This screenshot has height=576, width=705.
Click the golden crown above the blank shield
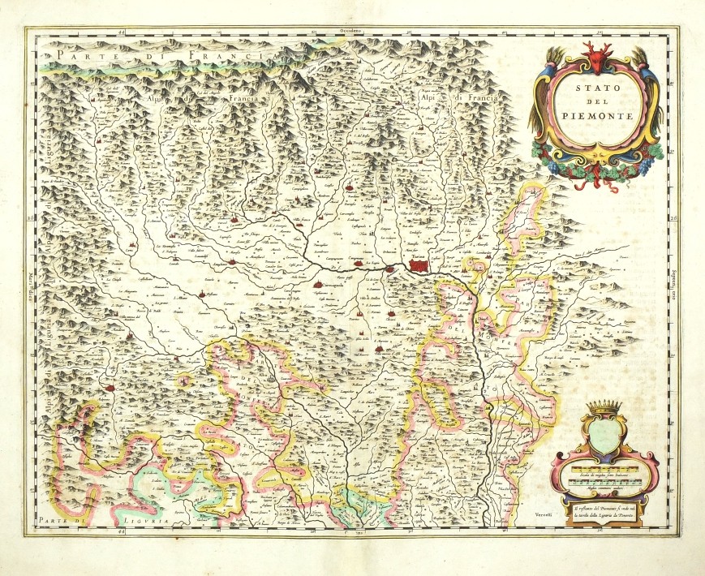[603, 406]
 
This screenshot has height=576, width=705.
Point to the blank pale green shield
[603, 434]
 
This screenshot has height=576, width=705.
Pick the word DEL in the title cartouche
[598, 101]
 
